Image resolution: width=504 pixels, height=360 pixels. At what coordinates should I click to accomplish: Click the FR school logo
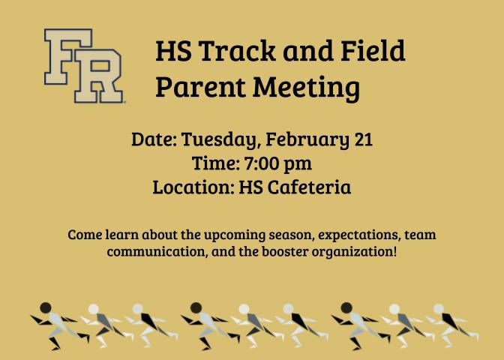(83, 65)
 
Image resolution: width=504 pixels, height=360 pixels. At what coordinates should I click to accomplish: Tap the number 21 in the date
(361, 139)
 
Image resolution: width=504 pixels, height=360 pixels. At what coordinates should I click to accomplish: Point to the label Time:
(215, 163)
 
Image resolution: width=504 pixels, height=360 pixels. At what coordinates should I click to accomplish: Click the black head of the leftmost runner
(45, 307)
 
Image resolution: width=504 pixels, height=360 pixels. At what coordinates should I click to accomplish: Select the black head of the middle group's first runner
(196, 307)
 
